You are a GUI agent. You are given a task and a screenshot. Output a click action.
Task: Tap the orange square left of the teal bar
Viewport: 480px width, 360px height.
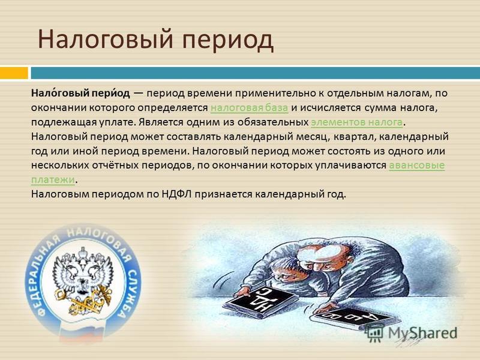point(14,73)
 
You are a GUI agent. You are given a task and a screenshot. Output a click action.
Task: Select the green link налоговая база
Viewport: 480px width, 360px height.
point(250,108)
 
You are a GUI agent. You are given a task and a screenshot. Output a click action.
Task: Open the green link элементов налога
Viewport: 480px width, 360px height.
point(356,122)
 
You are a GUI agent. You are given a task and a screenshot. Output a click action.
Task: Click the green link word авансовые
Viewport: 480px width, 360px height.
point(416,166)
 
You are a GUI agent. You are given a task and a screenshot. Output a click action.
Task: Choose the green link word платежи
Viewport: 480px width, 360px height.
point(53,180)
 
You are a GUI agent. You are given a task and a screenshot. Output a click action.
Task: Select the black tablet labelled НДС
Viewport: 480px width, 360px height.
point(260,302)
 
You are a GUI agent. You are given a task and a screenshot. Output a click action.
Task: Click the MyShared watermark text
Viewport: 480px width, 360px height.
point(423,334)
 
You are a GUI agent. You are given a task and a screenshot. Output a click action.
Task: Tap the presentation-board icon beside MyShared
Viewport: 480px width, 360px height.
point(376,334)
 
